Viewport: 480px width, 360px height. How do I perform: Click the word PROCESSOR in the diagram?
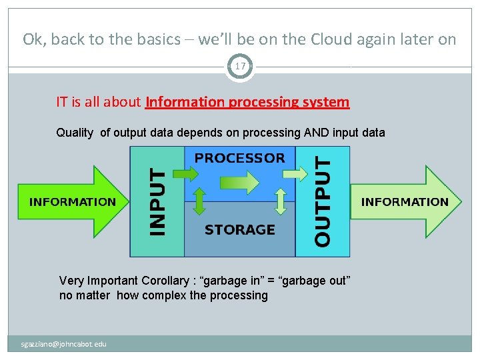[239, 158]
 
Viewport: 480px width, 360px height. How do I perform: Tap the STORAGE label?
[239, 229]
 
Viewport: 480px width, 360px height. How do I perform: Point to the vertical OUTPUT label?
[322, 201]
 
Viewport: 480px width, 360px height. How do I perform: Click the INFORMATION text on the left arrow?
[72, 201]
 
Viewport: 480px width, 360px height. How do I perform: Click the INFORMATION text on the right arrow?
[405, 201]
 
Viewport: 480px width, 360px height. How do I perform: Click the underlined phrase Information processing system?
[247, 102]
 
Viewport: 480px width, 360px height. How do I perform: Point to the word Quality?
[75, 132]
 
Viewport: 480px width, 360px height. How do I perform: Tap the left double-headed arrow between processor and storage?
[199, 200]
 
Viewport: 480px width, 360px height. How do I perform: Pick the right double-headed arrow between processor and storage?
[281, 200]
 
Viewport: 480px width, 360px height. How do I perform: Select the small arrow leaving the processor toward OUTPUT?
[293, 174]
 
